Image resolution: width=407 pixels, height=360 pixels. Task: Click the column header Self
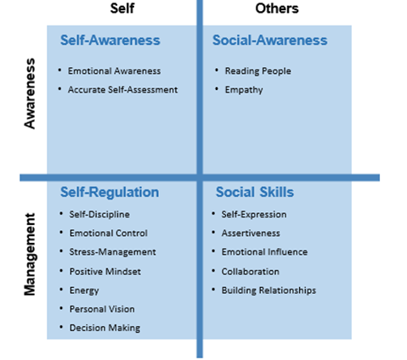click(x=122, y=8)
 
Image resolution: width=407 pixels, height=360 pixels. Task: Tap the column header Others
click(x=277, y=8)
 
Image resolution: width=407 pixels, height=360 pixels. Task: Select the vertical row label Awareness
click(x=30, y=93)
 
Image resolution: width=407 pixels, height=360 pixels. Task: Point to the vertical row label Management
click(x=30, y=254)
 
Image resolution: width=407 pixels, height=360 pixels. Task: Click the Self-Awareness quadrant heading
click(x=110, y=40)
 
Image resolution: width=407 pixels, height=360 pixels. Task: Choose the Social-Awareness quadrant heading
click(x=270, y=40)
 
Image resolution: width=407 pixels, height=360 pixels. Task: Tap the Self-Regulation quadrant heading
click(x=110, y=193)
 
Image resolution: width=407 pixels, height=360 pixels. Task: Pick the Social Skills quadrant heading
click(x=255, y=192)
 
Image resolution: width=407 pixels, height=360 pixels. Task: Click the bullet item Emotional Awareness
click(x=114, y=70)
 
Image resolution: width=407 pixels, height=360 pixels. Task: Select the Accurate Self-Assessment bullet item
click(x=122, y=90)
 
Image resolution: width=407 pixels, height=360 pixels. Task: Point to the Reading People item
click(x=257, y=71)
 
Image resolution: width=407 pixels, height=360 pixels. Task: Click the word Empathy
click(x=244, y=90)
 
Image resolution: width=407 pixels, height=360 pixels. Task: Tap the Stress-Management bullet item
click(x=112, y=252)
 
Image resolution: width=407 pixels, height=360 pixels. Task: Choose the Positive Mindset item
click(x=105, y=272)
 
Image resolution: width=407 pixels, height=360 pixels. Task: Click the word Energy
click(x=84, y=290)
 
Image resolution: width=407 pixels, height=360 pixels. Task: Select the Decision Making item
click(x=105, y=328)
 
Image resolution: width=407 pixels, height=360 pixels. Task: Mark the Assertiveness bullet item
click(x=251, y=233)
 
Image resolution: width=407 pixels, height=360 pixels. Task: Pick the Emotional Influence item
click(x=264, y=252)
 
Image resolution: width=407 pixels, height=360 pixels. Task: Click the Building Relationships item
click(x=269, y=290)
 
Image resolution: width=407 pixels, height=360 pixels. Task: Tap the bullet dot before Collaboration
click(x=213, y=271)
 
